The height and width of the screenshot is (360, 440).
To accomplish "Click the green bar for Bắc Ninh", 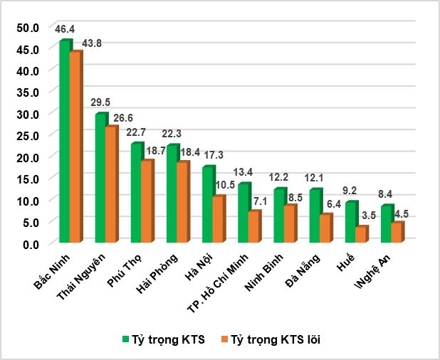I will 64,142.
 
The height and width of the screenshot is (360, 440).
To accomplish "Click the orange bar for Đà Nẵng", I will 325,228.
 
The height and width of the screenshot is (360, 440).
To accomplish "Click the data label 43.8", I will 93,43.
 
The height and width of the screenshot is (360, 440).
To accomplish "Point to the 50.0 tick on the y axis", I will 28,27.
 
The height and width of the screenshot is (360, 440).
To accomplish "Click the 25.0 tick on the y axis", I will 28,135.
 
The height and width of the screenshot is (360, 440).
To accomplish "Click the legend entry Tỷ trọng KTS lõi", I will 273,340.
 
